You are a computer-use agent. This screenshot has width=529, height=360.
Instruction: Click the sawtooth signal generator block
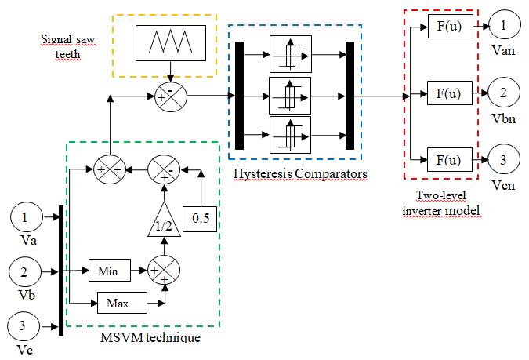[x=165, y=42]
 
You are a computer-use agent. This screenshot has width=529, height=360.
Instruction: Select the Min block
[x=108, y=271]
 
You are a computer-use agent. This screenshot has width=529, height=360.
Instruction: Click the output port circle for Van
[x=503, y=26]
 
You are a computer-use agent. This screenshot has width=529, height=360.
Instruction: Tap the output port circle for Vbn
[x=503, y=93]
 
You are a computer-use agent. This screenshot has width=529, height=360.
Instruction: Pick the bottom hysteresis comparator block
[x=290, y=136]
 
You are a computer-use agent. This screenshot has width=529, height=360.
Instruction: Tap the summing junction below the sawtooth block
[x=166, y=97]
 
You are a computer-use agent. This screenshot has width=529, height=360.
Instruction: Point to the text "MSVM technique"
[x=150, y=337]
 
